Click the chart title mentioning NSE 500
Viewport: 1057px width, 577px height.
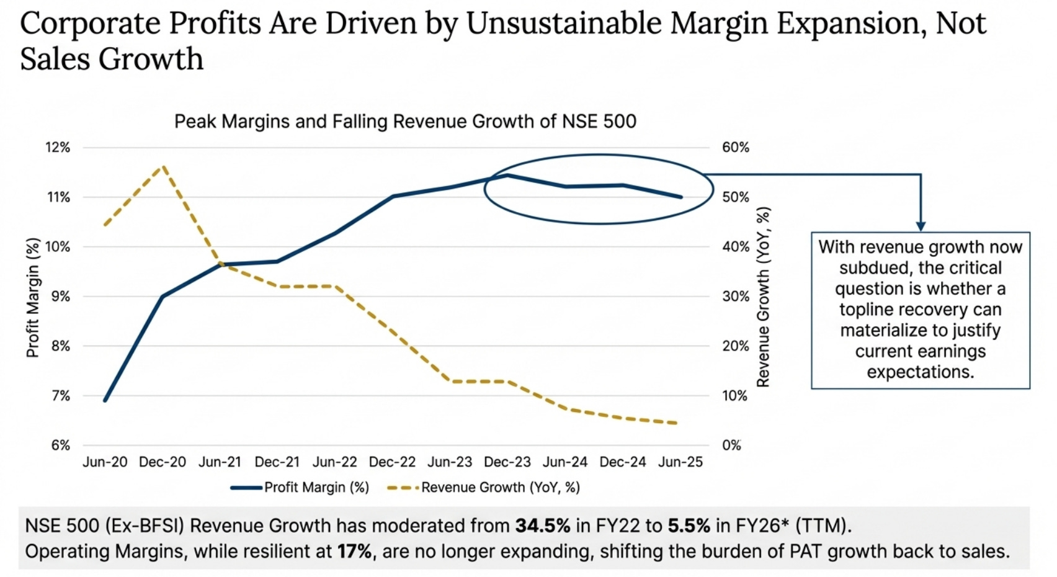[405, 121]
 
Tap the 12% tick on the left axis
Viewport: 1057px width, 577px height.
[58, 148]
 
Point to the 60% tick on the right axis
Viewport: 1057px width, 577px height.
[735, 148]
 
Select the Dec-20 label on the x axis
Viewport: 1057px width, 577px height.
[162, 462]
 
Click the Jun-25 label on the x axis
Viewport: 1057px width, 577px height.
[680, 462]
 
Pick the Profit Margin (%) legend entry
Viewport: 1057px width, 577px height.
[300, 488]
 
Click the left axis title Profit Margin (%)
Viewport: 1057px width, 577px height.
[32, 298]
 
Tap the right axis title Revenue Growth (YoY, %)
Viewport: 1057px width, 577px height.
[763, 298]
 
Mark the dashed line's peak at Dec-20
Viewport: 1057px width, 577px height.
[164, 166]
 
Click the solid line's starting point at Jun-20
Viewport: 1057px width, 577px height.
[105, 400]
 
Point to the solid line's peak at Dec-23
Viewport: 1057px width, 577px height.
[507, 175]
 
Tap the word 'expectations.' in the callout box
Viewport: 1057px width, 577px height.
[921, 372]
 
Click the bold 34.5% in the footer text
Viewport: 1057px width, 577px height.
[542, 526]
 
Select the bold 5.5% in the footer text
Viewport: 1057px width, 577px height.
[689, 526]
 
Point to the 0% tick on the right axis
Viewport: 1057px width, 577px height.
[731, 445]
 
